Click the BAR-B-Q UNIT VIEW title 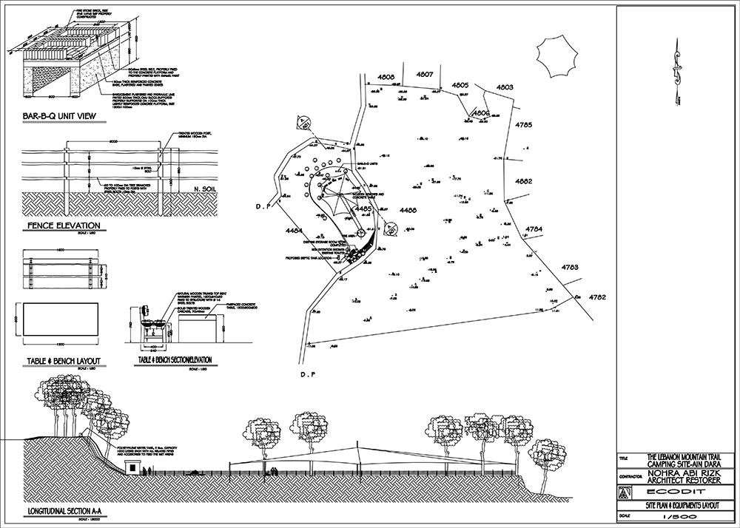click(x=60, y=117)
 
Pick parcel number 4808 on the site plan click(x=387, y=76)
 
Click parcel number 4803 click(x=505, y=87)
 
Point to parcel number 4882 click(x=524, y=181)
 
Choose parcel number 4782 click(x=598, y=297)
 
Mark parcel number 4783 click(x=569, y=266)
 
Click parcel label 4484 click(x=294, y=232)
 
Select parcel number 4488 click(x=408, y=211)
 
